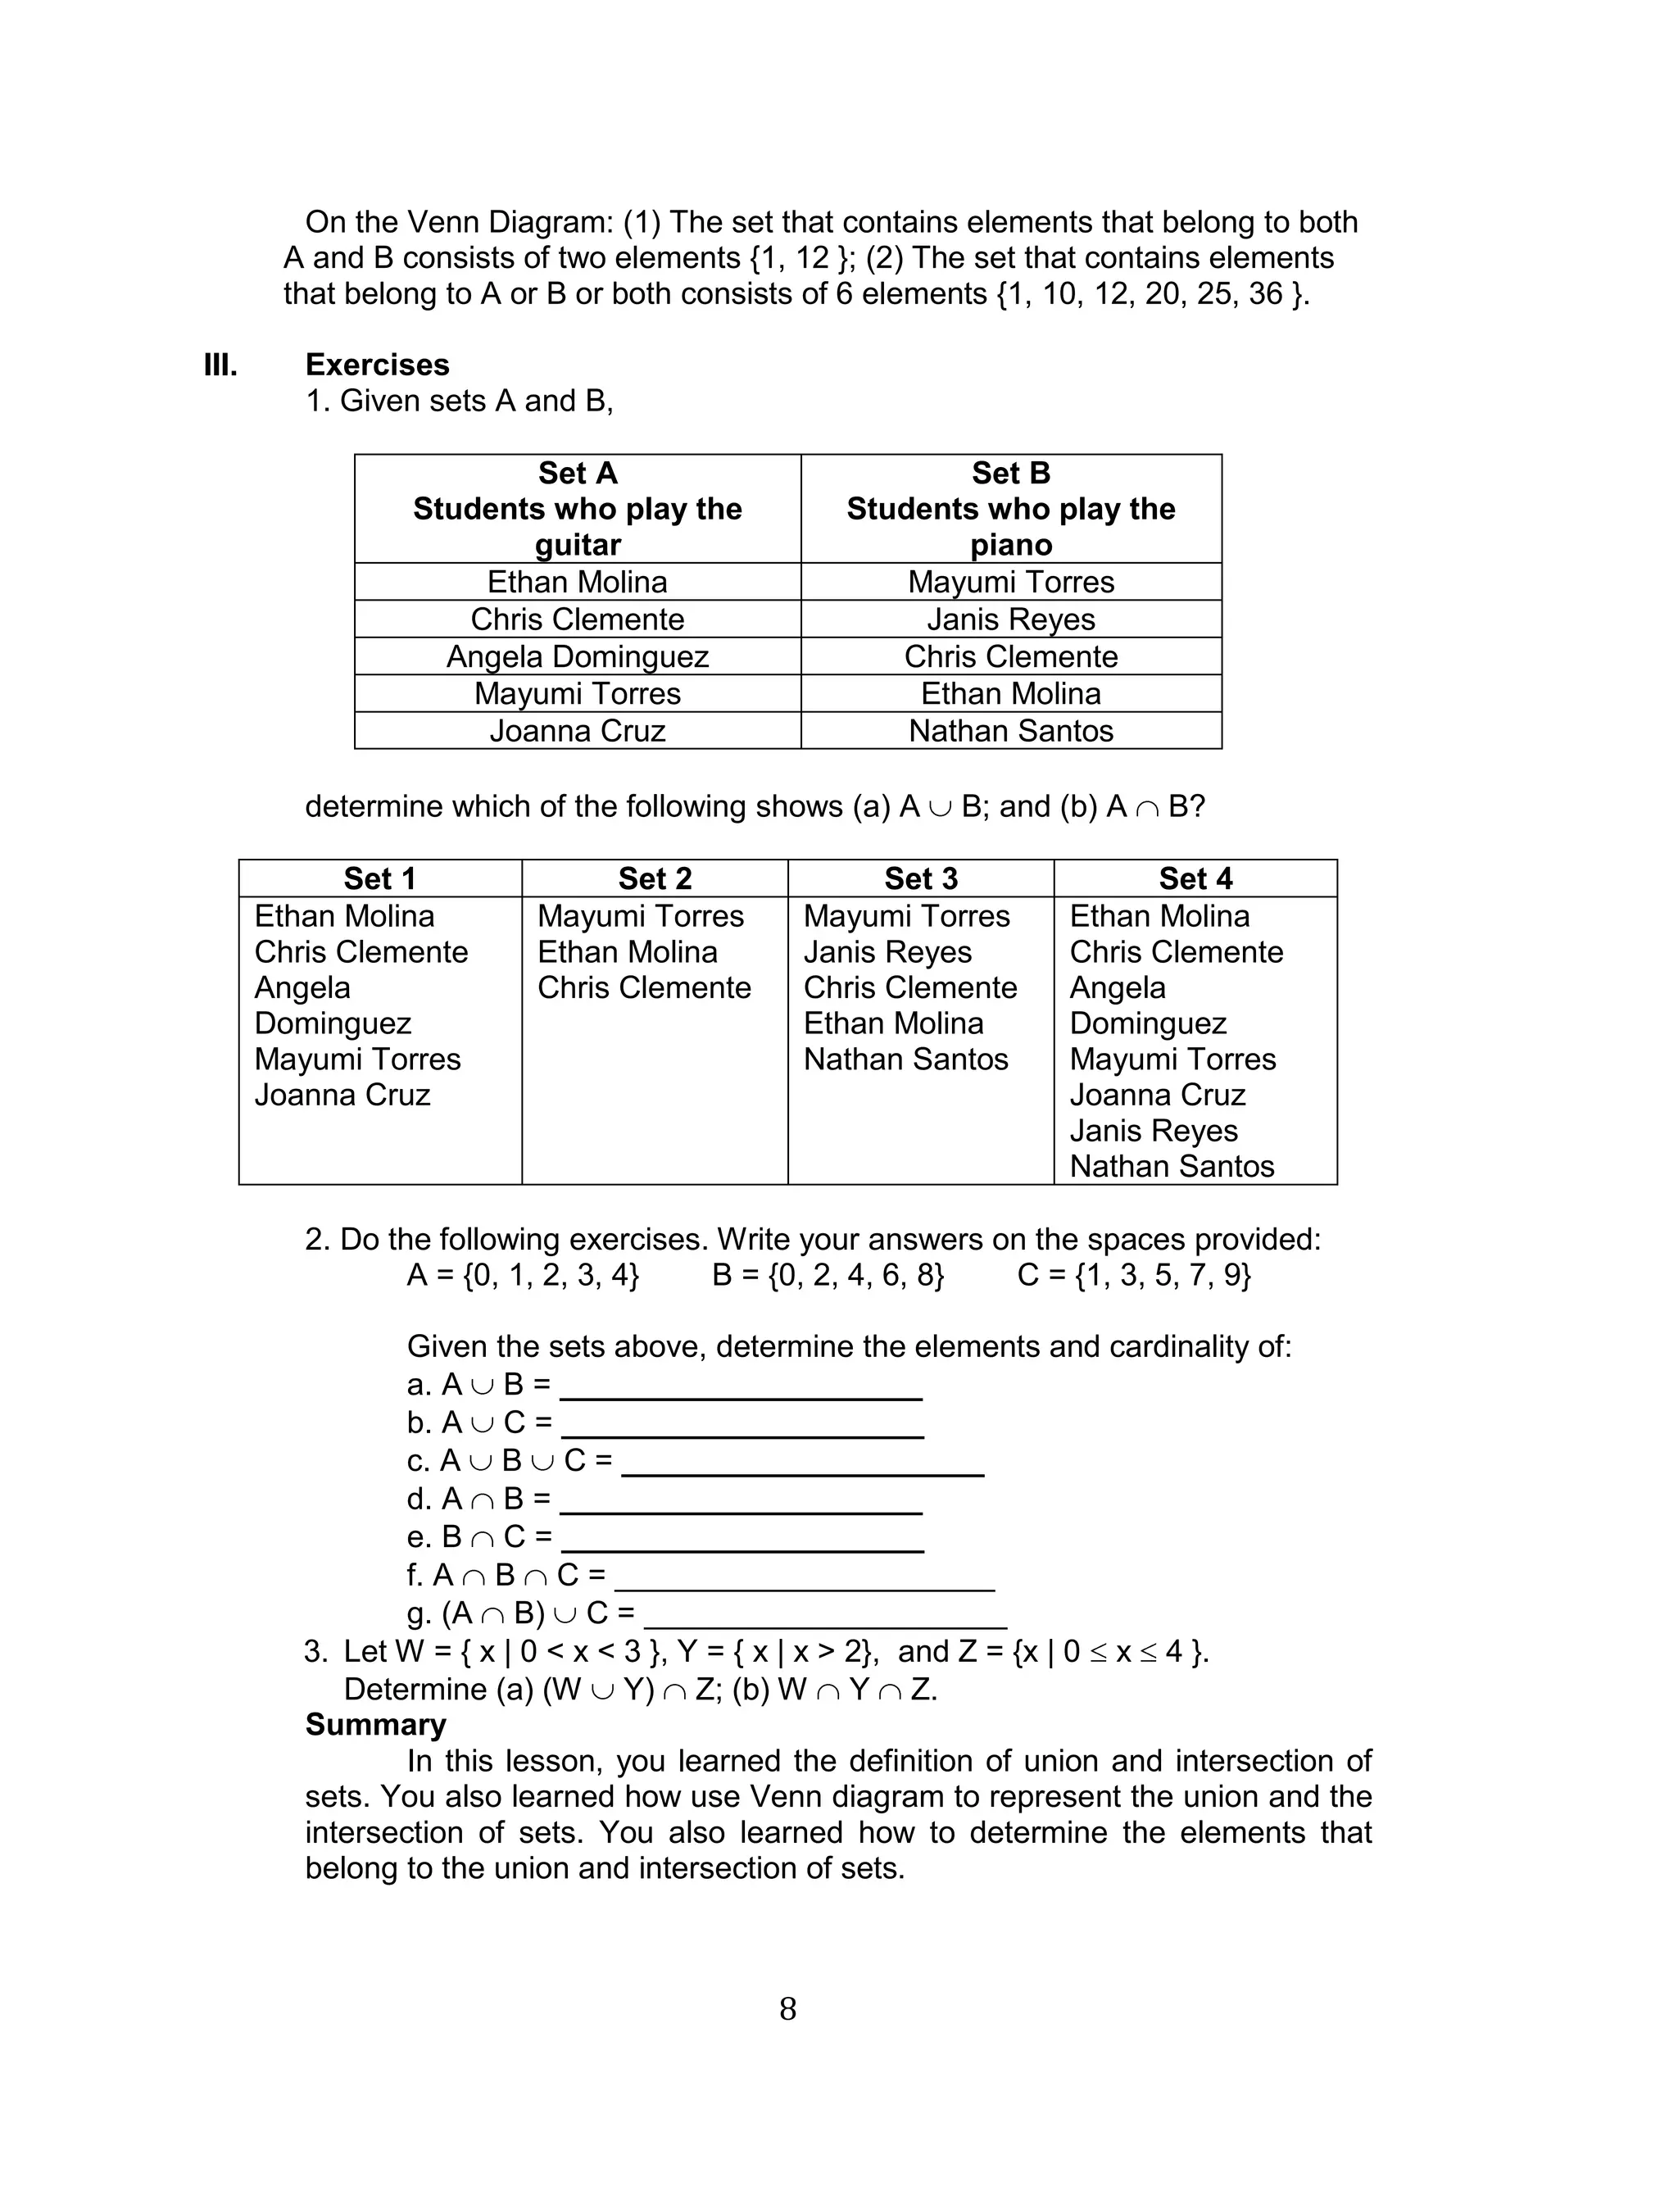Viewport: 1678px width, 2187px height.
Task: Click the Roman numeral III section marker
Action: [220, 365]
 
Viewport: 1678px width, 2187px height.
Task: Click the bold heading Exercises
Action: [377, 365]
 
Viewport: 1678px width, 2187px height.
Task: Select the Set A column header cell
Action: [578, 508]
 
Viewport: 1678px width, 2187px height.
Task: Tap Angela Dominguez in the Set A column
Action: [578, 656]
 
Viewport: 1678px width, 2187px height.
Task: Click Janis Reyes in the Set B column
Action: [1011, 619]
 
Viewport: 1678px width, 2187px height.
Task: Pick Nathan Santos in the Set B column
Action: [1011, 731]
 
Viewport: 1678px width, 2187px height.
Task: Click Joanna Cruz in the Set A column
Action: [578, 731]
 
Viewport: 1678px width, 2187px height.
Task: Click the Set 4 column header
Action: [1195, 878]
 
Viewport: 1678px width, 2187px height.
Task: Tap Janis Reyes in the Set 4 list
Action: [1154, 1131]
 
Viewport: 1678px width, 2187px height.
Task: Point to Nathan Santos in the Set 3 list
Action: [906, 1059]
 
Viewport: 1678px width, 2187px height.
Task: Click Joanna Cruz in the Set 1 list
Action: [342, 1095]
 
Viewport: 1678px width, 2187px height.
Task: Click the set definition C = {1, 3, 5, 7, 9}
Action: [1134, 1275]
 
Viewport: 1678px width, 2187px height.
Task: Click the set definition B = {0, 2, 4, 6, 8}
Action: [828, 1275]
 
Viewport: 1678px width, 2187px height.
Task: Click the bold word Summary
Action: [375, 1725]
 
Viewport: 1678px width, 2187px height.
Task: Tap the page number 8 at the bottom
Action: [788, 2009]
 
